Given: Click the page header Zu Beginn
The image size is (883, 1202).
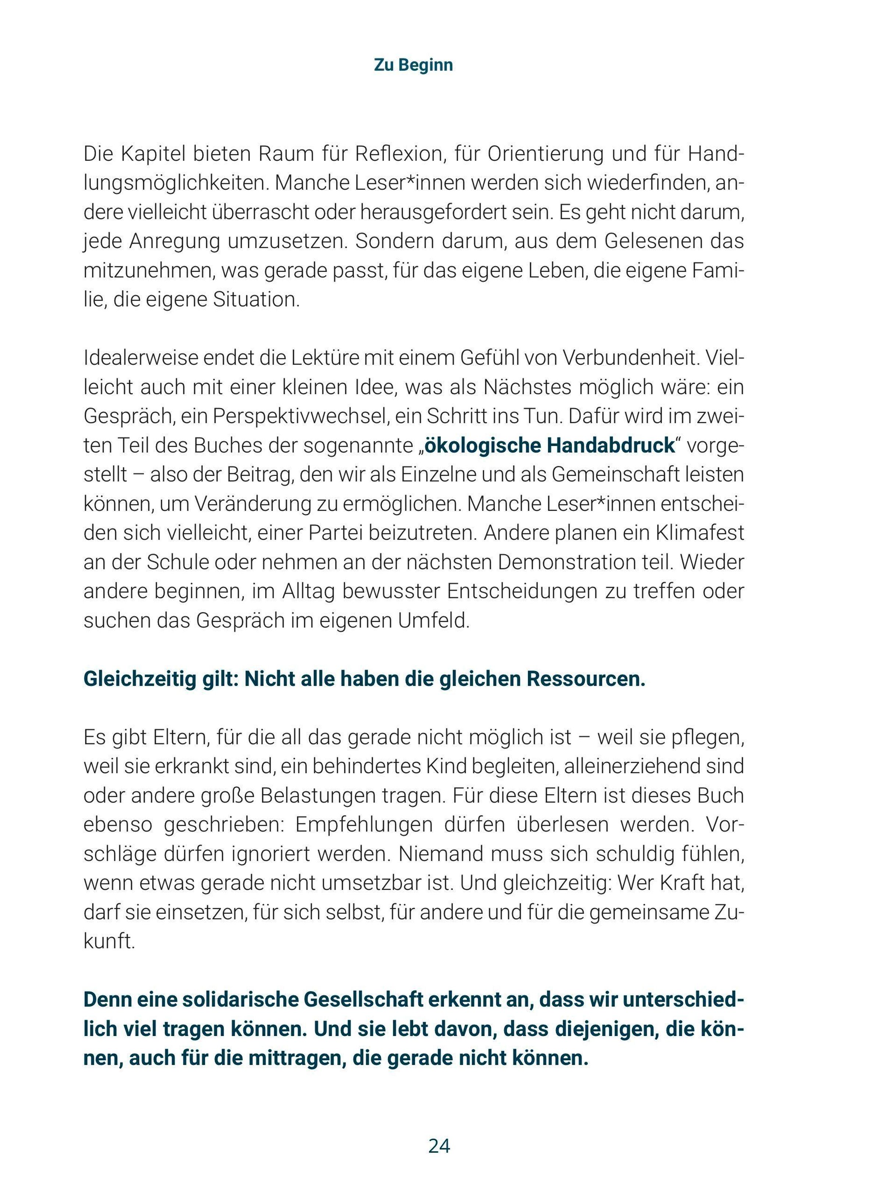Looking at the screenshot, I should coord(413,65).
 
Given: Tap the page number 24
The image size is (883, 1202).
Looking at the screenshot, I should coord(439,1146).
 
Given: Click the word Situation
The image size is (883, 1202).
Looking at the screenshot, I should coord(256,300).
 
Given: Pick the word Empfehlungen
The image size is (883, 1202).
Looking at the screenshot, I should coord(364,824).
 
